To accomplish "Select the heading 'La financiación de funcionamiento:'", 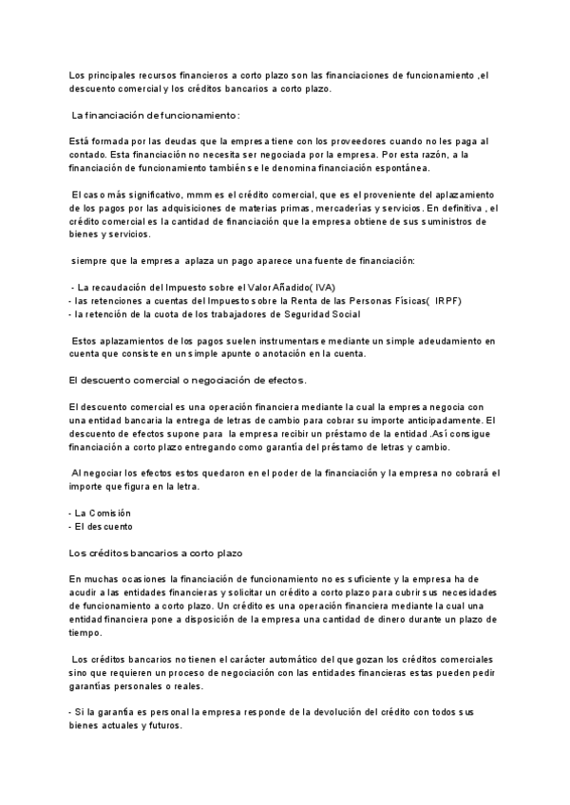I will coord(156,115).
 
